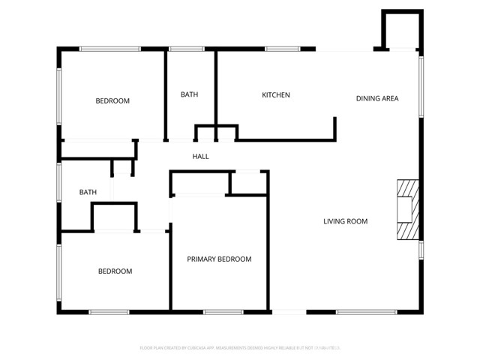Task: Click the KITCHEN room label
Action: [275, 95]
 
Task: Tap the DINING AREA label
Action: [376, 98]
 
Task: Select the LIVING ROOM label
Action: [345, 221]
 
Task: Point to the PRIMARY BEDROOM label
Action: [219, 259]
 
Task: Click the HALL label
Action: [200, 157]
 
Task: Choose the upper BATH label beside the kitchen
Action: [189, 94]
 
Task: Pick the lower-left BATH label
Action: [88, 193]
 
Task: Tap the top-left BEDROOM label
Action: [112, 101]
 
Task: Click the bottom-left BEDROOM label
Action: [115, 271]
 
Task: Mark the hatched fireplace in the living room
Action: [406, 209]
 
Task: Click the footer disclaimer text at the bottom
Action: [240, 348]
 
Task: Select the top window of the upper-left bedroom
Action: [110, 49]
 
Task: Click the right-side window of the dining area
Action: [421, 86]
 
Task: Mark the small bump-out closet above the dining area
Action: [397, 31]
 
